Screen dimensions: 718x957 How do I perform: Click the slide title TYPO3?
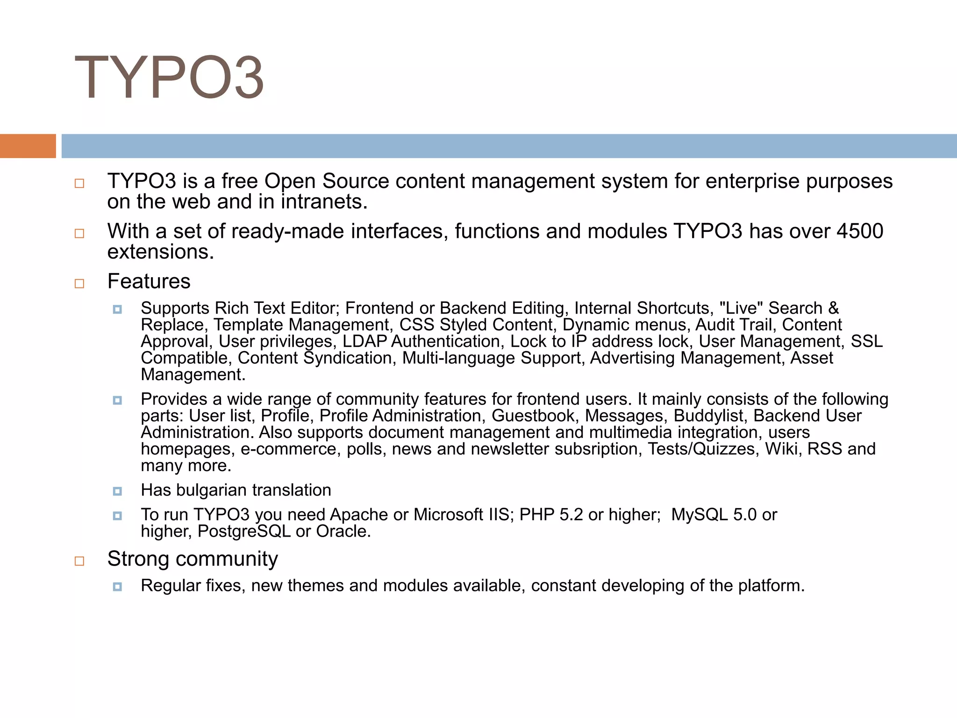coord(169,78)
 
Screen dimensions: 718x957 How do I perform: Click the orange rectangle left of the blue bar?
coord(28,146)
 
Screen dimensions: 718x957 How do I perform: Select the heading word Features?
coord(149,281)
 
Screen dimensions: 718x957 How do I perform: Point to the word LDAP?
coord(365,342)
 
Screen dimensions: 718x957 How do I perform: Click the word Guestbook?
coord(533,416)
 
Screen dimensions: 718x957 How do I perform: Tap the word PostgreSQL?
coord(244,531)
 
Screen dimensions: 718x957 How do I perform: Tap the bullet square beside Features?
coord(79,283)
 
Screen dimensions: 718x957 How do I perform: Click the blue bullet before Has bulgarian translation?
coord(117,491)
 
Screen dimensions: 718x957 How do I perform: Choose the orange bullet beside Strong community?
coord(79,561)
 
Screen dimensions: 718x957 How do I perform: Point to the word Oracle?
coord(343,531)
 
